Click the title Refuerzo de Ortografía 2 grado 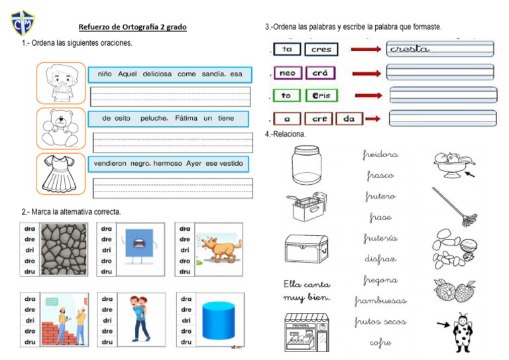pyautogui.click(x=133, y=27)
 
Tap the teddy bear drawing pyautogui.click(x=60, y=128)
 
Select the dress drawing pyautogui.click(x=60, y=173)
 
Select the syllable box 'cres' pyautogui.click(x=321, y=49)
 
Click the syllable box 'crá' pyautogui.click(x=320, y=73)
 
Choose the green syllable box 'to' pyautogui.click(x=286, y=96)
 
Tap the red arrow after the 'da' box pyautogui.click(x=372, y=119)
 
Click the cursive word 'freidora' pyautogui.click(x=380, y=154)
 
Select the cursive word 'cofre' pyautogui.click(x=380, y=343)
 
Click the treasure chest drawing pyautogui.click(x=306, y=250)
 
